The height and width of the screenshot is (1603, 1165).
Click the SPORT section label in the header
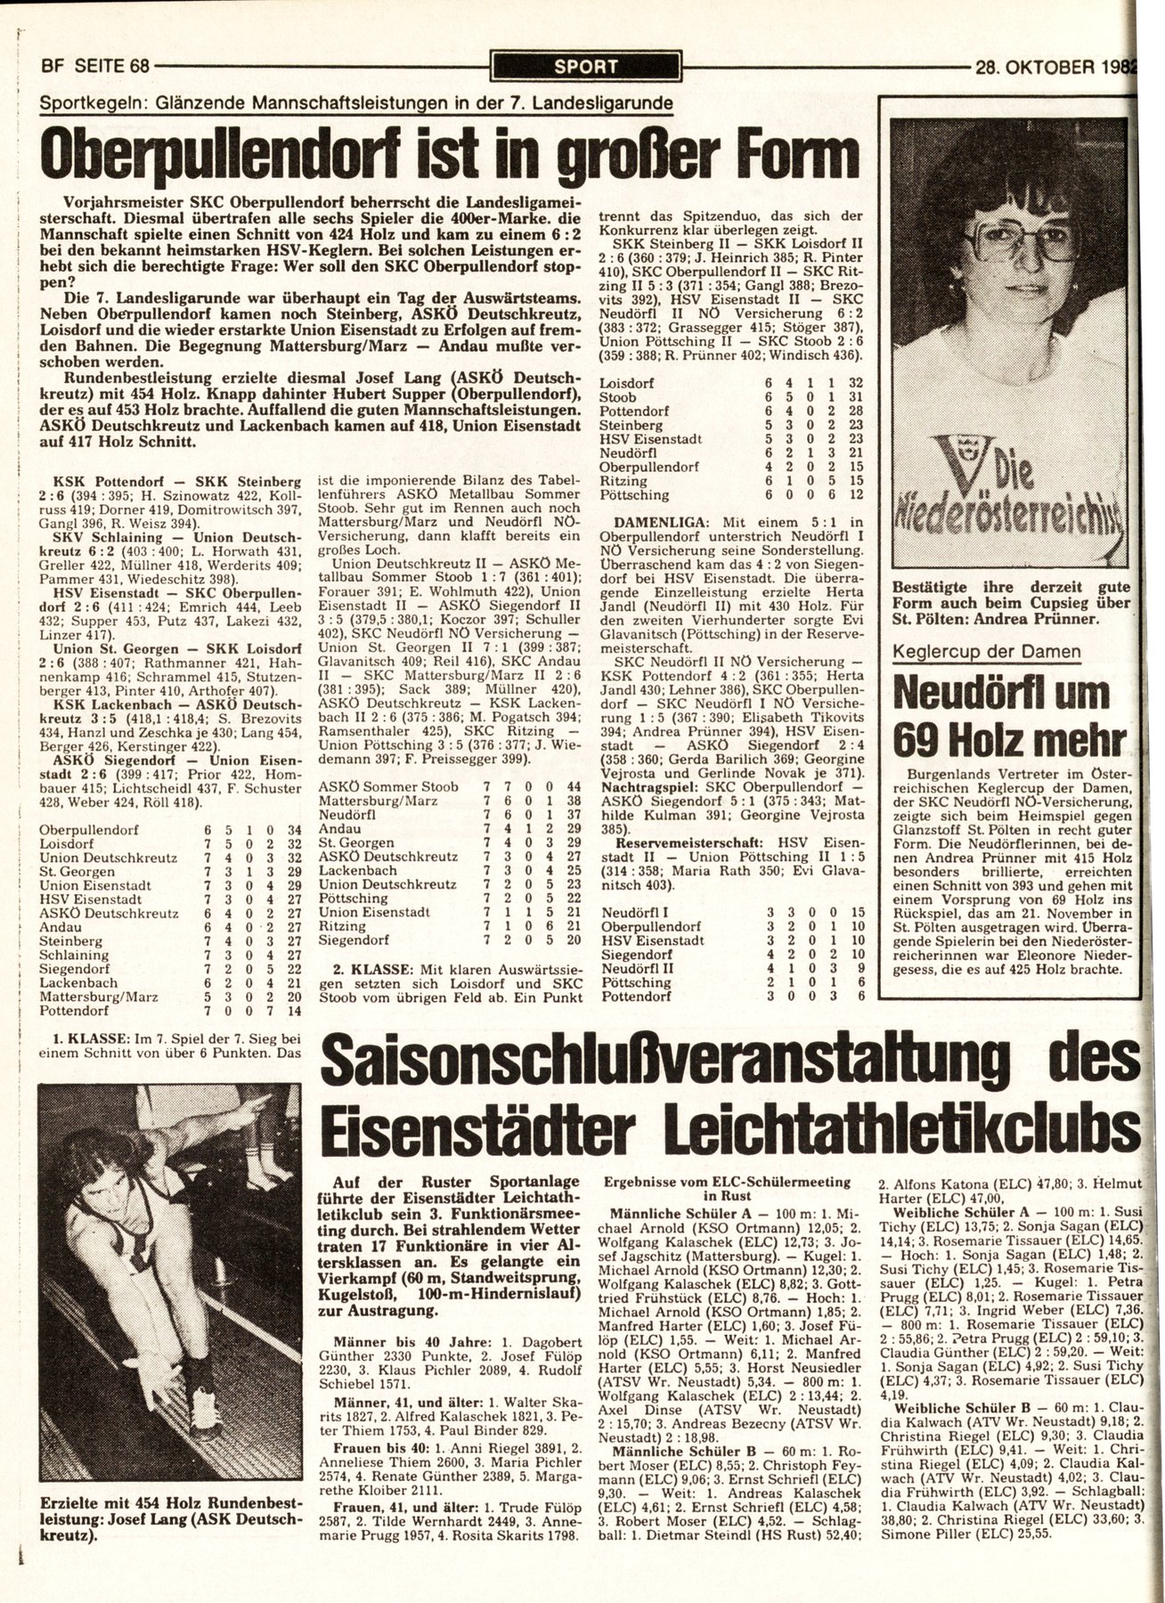tap(585, 64)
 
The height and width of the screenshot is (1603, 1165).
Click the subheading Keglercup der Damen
tap(987, 651)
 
